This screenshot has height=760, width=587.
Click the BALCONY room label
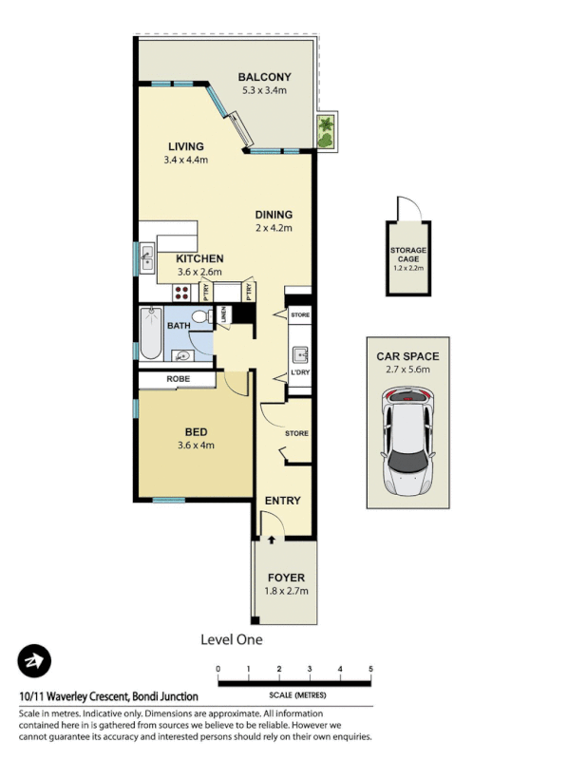point(264,77)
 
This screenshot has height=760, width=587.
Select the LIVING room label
point(186,146)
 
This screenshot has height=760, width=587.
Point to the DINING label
point(274,215)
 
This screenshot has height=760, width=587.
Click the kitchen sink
point(149,255)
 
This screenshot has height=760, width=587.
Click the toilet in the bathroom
point(200,317)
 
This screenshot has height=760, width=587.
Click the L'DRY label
point(300,372)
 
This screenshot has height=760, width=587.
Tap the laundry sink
point(300,354)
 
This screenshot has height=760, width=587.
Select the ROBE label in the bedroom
point(178,379)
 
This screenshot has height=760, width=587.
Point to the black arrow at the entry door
point(273,539)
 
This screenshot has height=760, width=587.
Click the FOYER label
point(286,577)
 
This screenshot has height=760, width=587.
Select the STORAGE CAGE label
point(409,255)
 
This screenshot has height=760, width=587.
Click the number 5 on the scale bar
point(369,670)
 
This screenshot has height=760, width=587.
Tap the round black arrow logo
point(34,661)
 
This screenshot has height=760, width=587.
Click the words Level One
point(232,639)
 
